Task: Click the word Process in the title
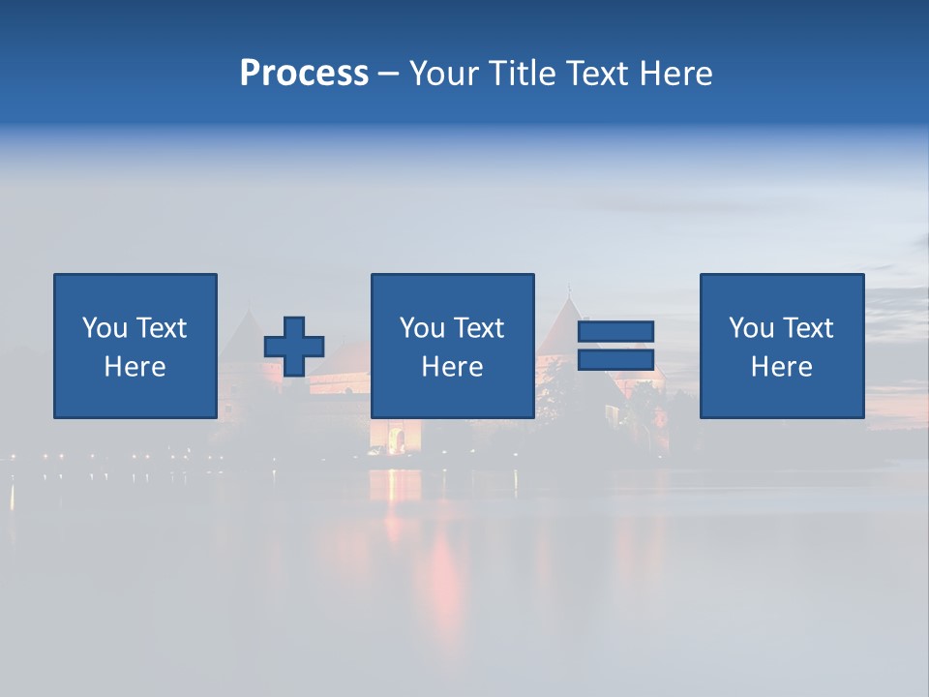coord(304,74)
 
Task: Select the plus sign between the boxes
coord(294,347)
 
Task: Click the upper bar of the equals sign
coord(615,331)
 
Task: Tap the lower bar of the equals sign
coord(615,360)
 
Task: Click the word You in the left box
coord(105,328)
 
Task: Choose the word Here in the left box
coord(135,367)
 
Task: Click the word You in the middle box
coord(422,328)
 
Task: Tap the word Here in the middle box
coord(452,367)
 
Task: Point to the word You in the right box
coord(751,328)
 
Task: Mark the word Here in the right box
coord(781,367)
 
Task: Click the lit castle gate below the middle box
coord(396,439)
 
